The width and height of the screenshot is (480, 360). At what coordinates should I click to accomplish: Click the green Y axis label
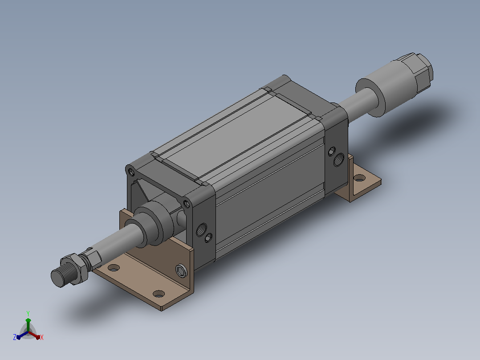pyautogui.click(x=28, y=313)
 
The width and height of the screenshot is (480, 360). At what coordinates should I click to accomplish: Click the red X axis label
pyautogui.click(x=42, y=337)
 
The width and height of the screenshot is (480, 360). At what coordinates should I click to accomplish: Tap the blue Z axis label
pyautogui.click(x=14, y=337)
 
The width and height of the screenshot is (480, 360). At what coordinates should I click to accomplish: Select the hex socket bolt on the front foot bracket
pyautogui.click(x=181, y=271)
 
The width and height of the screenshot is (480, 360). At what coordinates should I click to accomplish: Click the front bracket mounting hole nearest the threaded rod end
pyautogui.click(x=114, y=268)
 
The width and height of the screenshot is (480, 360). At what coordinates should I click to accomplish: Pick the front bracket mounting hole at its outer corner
pyautogui.click(x=159, y=294)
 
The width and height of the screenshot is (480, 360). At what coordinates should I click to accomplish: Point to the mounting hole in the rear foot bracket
pyautogui.click(x=359, y=178)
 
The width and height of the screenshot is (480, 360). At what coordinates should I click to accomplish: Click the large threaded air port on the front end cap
pyautogui.click(x=201, y=229)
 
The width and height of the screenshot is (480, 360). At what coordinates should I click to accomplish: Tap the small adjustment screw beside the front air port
pyautogui.click(x=208, y=237)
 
